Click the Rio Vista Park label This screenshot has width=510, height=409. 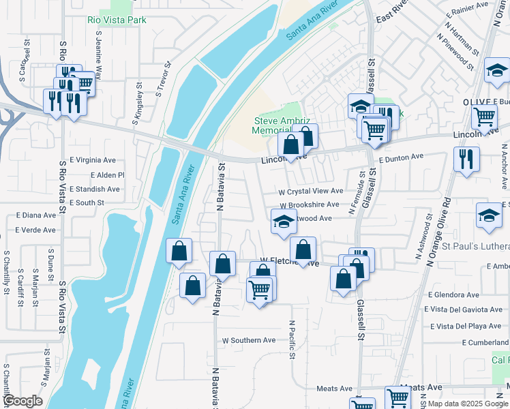117,20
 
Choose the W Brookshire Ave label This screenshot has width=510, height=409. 309,204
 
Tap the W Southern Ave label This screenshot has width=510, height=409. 249,340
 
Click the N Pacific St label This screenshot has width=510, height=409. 292,339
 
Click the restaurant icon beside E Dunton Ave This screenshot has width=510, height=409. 466,160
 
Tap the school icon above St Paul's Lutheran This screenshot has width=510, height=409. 488,215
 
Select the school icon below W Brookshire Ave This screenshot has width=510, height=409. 284,221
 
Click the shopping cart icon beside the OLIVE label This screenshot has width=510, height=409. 484,117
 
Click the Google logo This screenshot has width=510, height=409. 22,402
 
